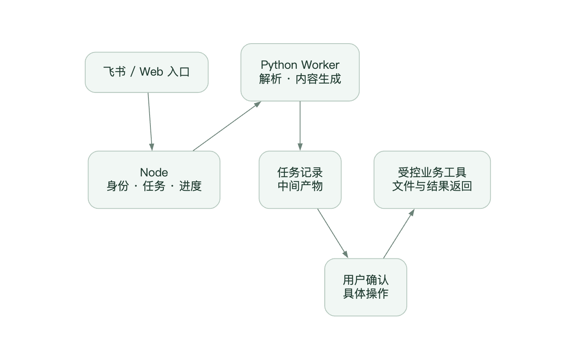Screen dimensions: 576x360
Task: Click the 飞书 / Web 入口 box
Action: (x=146, y=72)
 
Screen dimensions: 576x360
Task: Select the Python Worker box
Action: (x=300, y=72)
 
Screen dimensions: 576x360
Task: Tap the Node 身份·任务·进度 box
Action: (x=154, y=180)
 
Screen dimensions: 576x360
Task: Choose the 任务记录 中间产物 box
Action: (x=300, y=180)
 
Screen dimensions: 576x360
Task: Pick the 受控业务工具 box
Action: (x=432, y=180)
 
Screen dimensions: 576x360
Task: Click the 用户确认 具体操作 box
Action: (x=366, y=287)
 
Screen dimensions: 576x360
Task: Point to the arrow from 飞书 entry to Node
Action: (x=150, y=122)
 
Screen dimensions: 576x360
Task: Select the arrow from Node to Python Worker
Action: (x=227, y=126)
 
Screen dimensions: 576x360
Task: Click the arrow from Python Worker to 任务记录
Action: (x=300, y=126)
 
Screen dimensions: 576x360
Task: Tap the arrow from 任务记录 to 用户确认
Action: (x=333, y=233)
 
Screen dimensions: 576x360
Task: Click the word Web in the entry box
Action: (x=151, y=72)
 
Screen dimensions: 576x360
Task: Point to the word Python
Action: (x=279, y=65)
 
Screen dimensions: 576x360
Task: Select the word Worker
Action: (x=320, y=65)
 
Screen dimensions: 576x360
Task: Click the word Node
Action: (x=154, y=172)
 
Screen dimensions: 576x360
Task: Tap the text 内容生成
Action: (x=318, y=79)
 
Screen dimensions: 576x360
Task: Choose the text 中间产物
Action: (x=300, y=186)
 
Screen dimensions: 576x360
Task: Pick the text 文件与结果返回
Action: (x=432, y=186)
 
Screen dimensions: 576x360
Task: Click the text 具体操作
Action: (x=366, y=294)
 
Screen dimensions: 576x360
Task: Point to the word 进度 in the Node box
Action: (x=190, y=186)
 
